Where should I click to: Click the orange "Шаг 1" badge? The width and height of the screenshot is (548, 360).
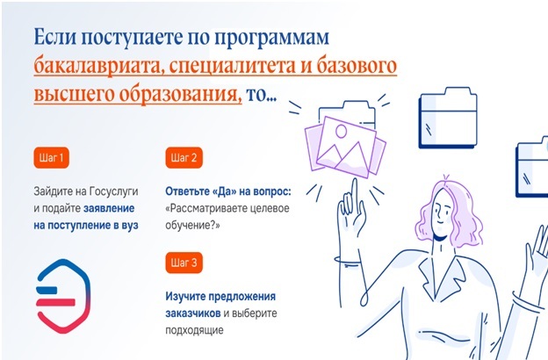tap(51, 158)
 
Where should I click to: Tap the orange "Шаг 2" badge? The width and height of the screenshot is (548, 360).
tap(184, 158)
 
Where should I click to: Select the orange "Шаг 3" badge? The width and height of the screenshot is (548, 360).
tap(184, 263)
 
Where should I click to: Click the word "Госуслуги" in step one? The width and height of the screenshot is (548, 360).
tap(114, 191)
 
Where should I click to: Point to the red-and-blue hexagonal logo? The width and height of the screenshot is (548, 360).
tap(63, 296)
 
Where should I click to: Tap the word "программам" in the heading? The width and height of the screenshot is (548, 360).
tap(271, 38)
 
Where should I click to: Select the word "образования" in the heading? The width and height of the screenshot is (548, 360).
tap(181, 94)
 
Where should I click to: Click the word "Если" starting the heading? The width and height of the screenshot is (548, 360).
tap(55, 37)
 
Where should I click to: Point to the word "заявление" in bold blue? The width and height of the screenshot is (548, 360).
tap(109, 208)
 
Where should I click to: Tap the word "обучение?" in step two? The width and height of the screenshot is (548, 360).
tap(192, 226)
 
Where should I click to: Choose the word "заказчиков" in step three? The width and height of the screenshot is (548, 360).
tap(193, 313)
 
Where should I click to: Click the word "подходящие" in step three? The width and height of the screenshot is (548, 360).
tap(194, 331)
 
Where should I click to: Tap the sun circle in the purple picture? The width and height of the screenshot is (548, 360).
tap(341, 132)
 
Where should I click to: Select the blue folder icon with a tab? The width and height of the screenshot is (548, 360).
tap(448, 118)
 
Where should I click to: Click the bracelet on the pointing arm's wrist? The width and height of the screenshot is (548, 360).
tap(348, 261)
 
